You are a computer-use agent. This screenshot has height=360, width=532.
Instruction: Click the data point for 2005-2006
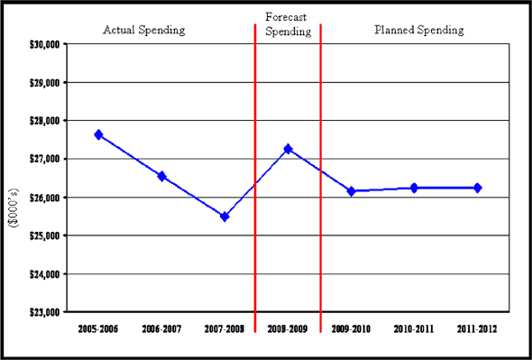click(98, 134)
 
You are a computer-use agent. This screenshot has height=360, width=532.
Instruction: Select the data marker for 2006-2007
click(161, 176)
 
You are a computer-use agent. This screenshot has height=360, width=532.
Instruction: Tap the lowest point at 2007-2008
click(225, 217)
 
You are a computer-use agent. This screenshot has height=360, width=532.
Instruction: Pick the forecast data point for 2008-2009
click(288, 149)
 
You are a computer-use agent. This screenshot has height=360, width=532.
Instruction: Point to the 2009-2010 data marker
click(351, 191)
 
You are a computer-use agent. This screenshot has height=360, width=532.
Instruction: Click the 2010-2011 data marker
click(414, 188)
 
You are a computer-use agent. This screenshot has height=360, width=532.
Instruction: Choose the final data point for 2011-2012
click(477, 188)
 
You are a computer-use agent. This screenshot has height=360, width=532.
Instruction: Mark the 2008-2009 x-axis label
click(288, 329)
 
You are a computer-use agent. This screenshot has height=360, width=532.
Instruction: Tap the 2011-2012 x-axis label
click(477, 329)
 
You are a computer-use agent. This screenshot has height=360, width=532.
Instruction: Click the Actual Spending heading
click(144, 30)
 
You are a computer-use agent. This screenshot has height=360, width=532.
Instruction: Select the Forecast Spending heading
click(289, 23)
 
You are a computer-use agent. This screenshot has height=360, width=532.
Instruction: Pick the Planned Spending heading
click(419, 30)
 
